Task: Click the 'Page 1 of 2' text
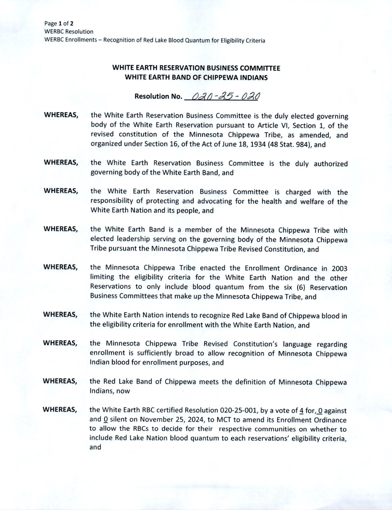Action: coord(59,24)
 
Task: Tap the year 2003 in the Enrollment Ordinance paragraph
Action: coord(339,269)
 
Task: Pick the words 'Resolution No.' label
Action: coord(158,96)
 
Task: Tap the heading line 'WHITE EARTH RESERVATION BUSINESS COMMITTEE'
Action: coord(196,68)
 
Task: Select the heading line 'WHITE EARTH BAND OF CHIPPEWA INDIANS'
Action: coord(196,77)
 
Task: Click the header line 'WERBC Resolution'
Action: coord(69,32)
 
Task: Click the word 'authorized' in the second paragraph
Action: coord(331,164)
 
